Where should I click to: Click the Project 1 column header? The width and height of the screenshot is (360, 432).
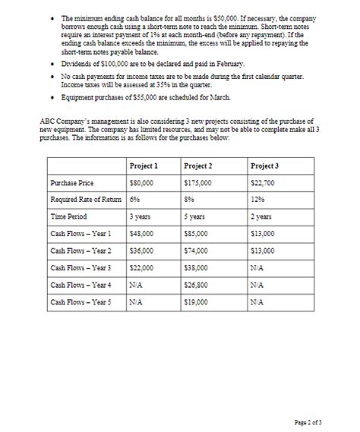144,166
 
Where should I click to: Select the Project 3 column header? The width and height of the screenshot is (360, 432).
265,166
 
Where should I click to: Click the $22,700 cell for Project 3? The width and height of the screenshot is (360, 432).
262,183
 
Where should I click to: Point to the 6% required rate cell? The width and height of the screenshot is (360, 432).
135,199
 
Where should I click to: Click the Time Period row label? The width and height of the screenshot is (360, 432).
67,216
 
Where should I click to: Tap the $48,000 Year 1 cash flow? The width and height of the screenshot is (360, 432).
141,233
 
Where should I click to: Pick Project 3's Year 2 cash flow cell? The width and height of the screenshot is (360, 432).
262,250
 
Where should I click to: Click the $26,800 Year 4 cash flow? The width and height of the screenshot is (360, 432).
197,284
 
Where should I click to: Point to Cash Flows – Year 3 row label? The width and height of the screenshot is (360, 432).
80,267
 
